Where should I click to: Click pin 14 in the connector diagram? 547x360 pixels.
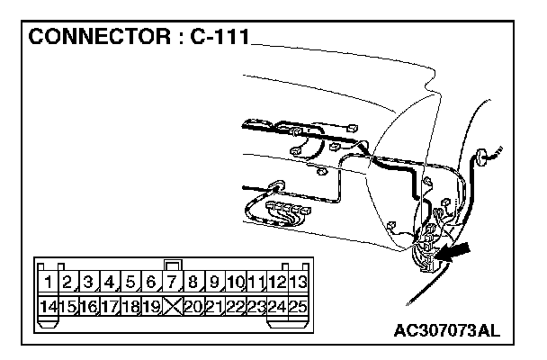pos(48,307)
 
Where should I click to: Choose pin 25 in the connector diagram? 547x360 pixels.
pos(300,307)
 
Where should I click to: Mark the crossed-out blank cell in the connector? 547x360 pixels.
pos(174,307)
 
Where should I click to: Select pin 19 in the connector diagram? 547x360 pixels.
pos(152,307)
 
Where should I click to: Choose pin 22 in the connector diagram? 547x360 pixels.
pos(237,307)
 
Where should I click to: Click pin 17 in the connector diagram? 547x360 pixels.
pos(111,307)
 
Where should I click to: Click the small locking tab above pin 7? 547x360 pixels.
pos(174,265)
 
